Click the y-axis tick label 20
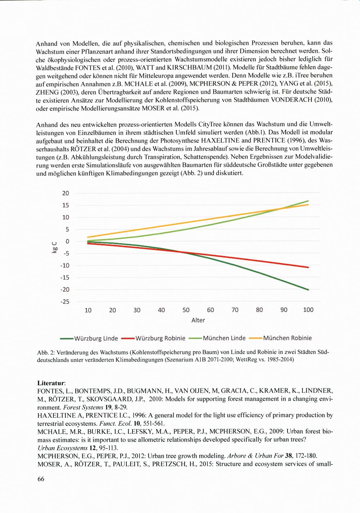[x=65, y=193]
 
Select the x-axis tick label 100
[x=308, y=310]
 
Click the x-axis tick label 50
[x=186, y=310]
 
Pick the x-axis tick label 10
[x=88, y=310]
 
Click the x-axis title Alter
[x=198, y=320]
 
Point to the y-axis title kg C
[x=54, y=247]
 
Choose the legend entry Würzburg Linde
[x=96, y=338]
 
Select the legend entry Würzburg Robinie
[x=161, y=338]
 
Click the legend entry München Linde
[x=224, y=338]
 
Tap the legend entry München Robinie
[x=287, y=338]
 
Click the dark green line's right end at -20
[x=309, y=290]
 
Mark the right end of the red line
[x=309, y=267]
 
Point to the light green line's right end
[x=309, y=201]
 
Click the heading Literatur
[x=51, y=383]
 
